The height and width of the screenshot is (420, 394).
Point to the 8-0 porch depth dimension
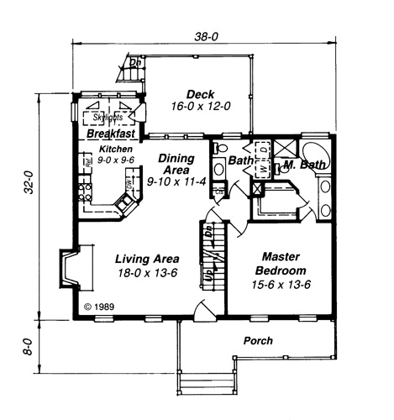pyautogui.click(x=28, y=347)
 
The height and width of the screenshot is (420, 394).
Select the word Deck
pyautogui.click(x=201, y=94)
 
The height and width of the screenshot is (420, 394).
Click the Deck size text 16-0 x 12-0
pyautogui.click(x=201, y=107)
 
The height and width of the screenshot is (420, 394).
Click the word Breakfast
pyautogui.click(x=112, y=133)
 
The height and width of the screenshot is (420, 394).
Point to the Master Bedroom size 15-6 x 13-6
pyautogui.click(x=282, y=284)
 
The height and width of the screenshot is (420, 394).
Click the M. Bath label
pyautogui.click(x=303, y=165)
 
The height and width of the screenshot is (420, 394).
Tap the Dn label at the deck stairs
pyautogui.click(x=134, y=62)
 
